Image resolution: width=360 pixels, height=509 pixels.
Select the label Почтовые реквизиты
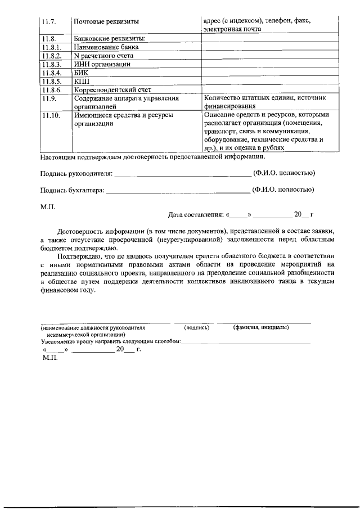[x=106, y=21]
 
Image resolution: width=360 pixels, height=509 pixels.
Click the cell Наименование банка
[x=106, y=47]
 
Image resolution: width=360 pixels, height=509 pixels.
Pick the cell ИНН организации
[x=102, y=64]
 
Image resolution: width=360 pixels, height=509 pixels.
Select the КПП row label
[x=82, y=81]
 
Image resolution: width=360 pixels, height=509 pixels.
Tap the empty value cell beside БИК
[x=269, y=73]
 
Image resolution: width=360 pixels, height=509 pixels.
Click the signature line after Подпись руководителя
[x=182, y=175]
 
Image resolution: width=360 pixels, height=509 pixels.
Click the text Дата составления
[x=195, y=215]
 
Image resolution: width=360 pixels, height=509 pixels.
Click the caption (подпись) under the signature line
[x=196, y=327]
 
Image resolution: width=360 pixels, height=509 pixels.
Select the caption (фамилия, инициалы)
[x=260, y=327]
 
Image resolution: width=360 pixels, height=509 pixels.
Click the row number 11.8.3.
[x=51, y=64]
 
